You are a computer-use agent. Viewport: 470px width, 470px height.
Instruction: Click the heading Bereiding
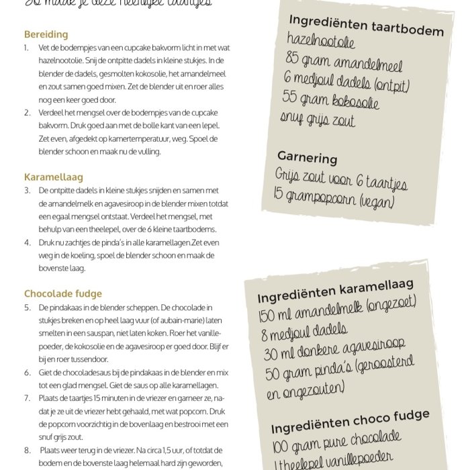pyautogui.click(x=46, y=34)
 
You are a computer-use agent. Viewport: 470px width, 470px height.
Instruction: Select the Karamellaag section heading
pyautogui.click(x=53, y=177)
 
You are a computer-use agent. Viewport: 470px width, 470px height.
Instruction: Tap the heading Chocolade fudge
pyautogui.click(x=63, y=293)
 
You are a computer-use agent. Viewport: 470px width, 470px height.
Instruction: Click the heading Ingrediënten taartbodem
pyautogui.click(x=366, y=26)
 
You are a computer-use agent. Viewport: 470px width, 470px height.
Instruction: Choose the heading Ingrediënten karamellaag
pyautogui.click(x=344, y=291)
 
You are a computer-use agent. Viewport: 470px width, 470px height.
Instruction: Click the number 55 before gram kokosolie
pyautogui.click(x=290, y=97)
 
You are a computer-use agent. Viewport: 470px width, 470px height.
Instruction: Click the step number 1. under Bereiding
pyautogui.click(x=26, y=48)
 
